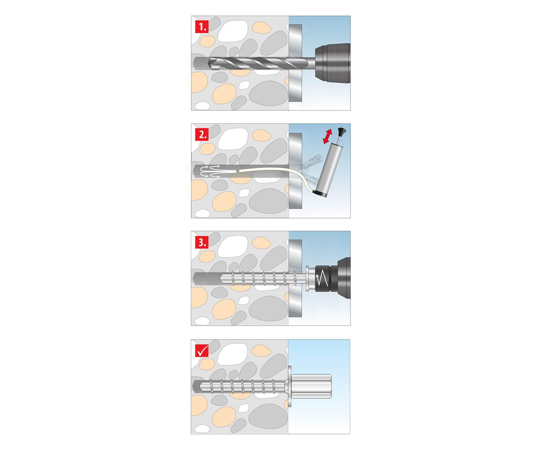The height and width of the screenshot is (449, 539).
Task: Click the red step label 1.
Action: coord(202,27)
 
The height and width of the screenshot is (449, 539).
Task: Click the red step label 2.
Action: coord(202,135)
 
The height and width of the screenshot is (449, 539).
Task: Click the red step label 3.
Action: coord(202,242)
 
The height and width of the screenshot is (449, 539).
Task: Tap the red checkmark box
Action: coord(202,350)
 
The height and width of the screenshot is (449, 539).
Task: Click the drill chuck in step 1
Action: coord(333,63)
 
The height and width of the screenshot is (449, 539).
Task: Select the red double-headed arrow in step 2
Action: coord(328,136)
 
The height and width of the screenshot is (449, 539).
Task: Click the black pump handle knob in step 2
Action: coord(342,132)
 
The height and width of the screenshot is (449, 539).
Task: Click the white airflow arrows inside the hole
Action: coord(210,171)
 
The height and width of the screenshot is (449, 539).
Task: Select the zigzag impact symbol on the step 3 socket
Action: coord(322,278)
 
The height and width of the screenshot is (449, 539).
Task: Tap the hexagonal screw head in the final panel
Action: coord(311,386)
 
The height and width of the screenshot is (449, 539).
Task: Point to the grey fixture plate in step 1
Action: coord(295,63)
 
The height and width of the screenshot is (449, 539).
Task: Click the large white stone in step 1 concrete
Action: coord(233,31)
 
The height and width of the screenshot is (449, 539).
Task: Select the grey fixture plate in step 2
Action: coord(295,171)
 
